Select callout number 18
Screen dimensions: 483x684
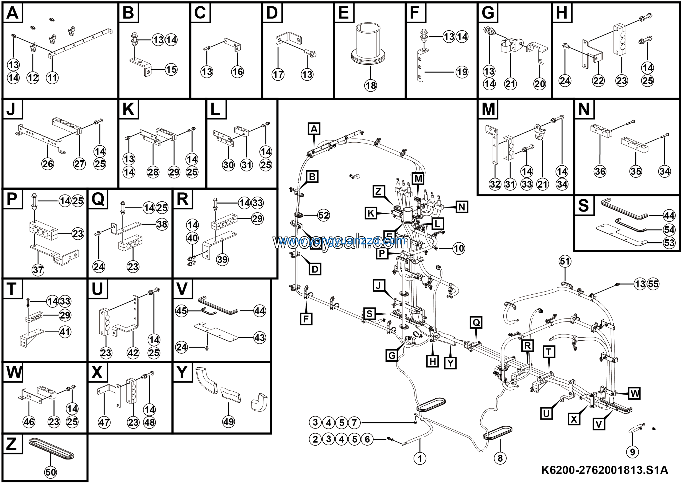tap(371, 86)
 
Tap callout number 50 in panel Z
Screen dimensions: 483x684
tap(50, 472)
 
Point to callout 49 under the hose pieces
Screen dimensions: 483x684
tap(228, 422)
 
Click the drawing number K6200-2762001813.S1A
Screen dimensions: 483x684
tap(604, 470)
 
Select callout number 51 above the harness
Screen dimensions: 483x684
tap(565, 262)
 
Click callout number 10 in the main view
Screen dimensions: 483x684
tap(459, 248)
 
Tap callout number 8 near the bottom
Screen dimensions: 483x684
tap(500, 458)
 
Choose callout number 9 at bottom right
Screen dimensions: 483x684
tap(632, 452)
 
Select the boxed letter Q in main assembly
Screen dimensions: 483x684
tap(476, 322)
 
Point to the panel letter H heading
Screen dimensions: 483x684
tap(562, 13)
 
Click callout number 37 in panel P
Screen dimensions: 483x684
tap(38, 270)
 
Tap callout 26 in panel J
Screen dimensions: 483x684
tap(48, 163)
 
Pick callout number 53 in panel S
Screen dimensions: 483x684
tap(669, 243)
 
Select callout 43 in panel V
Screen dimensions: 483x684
tap(259, 338)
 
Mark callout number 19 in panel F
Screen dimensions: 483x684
tap(462, 72)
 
